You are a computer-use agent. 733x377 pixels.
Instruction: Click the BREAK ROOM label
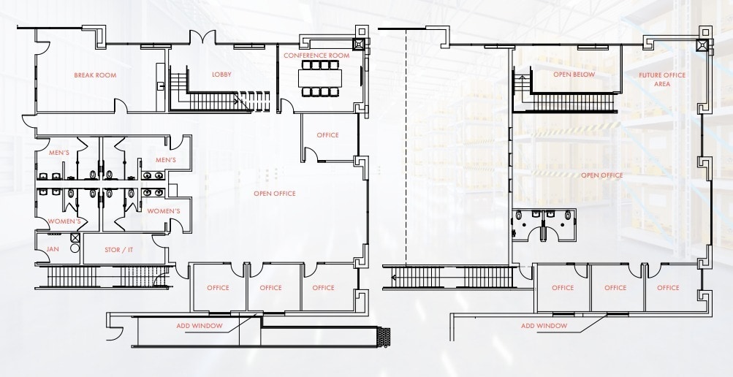click(95, 75)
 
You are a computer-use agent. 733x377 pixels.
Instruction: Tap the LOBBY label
click(221, 75)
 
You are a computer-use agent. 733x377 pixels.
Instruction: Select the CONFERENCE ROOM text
click(316, 56)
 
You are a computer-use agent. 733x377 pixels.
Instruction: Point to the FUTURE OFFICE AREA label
click(662, 79)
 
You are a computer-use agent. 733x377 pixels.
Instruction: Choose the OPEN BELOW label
click(574, 75)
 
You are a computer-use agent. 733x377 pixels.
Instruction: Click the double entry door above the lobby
click(202, 39)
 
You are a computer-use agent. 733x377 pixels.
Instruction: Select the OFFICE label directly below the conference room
click(327, 135)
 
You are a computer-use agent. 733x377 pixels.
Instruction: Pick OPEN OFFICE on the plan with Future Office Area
click(601, 175)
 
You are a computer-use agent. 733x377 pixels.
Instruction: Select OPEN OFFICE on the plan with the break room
click(274, 194)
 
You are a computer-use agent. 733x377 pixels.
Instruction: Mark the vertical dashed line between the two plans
click(406, 146)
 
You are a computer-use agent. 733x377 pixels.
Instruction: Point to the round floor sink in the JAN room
click(74, 248)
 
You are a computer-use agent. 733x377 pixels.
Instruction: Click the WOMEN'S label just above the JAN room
click(64, 221)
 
